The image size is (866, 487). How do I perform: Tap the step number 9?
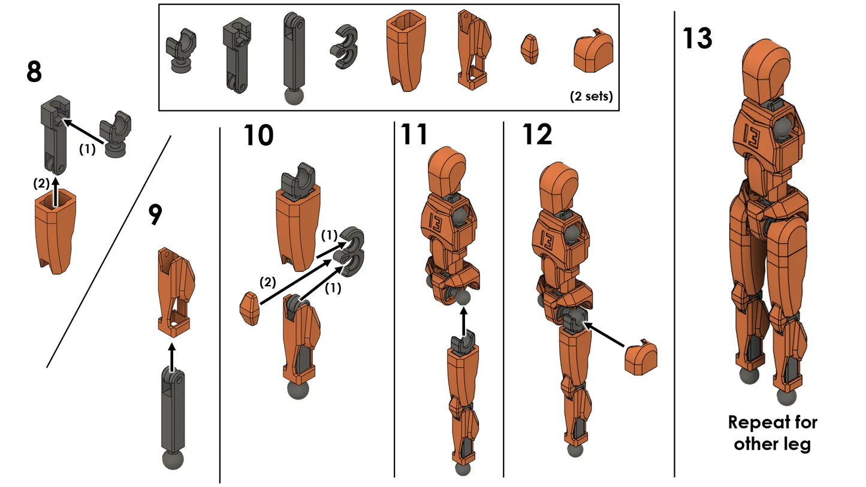(155, 215)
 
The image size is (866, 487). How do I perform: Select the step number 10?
(258, 136)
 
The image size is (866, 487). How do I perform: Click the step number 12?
(536, 135)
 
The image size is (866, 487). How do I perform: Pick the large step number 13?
(697, 38)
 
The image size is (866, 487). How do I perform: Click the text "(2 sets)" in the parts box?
(591, 96)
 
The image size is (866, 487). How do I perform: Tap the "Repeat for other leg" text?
(772, 432)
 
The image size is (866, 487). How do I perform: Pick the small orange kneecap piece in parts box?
(530, 49)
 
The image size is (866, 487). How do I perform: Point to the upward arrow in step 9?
(172, 354)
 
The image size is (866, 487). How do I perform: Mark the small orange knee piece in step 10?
(249, 308)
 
